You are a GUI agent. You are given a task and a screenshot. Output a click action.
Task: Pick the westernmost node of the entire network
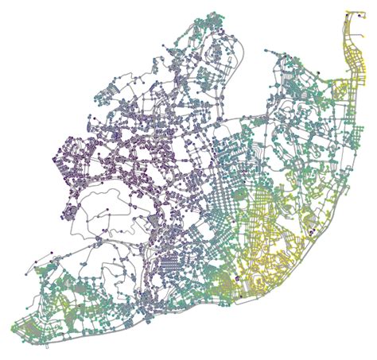click(x=13, y=327)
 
